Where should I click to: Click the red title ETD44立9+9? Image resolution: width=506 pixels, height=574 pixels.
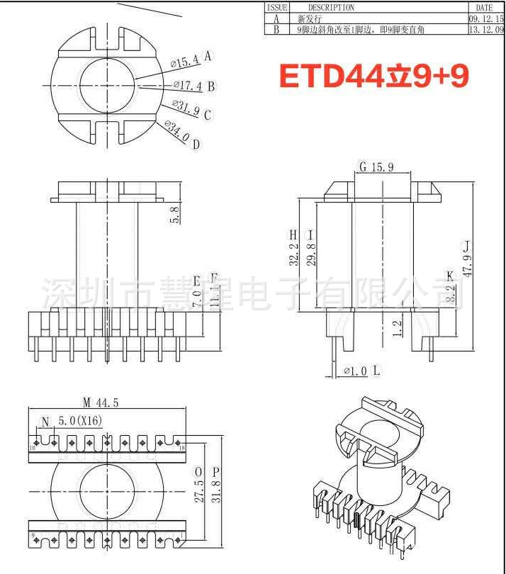pyautogui.click(x=373, y=76)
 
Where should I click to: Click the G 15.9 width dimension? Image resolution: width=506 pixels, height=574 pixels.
pyautogui.click(x=383, y=167)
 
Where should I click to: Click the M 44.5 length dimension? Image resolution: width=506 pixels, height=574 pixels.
pyautogui.click(x=100, y=402)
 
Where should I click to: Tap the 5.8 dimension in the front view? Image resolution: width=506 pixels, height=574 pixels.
pyautogui.click(x=175, y=213)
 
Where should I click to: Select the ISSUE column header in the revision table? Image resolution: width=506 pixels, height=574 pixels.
pyautogui.click(x=276, y=7)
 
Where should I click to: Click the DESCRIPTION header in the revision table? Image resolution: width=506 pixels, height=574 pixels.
pyautogui.click(x=331, y=7)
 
